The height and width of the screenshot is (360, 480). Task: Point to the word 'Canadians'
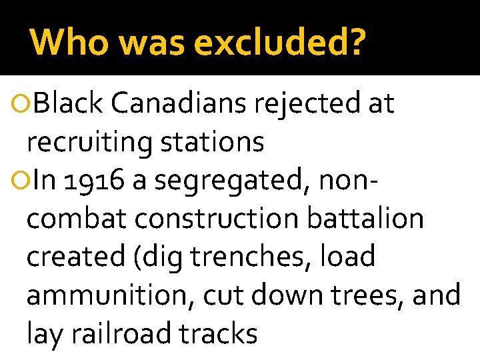(177, 103)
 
